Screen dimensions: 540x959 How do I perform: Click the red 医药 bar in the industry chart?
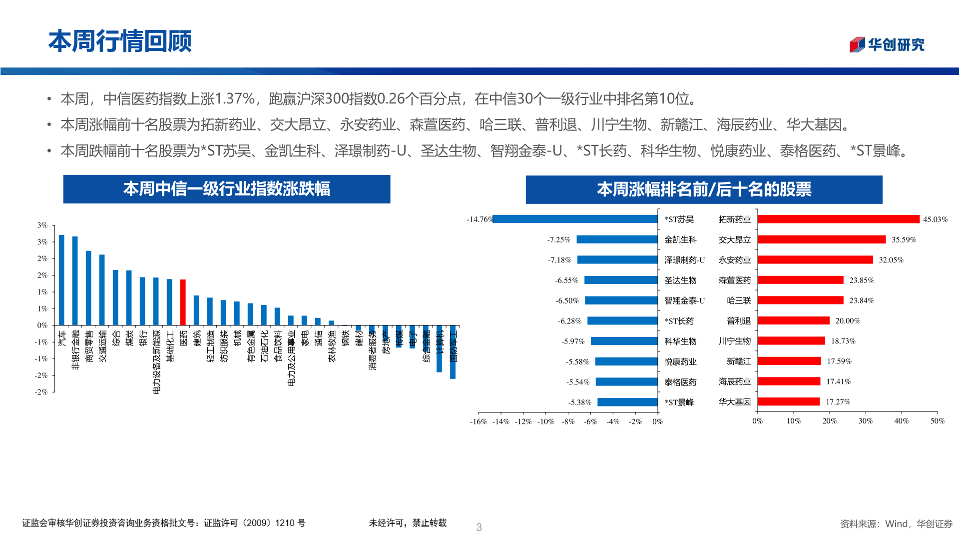pos(183,302)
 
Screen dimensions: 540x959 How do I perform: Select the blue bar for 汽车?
pos(61,280)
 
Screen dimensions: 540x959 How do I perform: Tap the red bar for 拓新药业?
pos(838,219)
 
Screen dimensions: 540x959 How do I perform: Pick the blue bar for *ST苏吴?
pos(575,219)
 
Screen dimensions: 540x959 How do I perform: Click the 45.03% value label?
pos(935,219)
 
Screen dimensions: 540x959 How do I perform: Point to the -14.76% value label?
pos(479,219)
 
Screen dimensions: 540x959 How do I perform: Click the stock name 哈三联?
pos(739,300)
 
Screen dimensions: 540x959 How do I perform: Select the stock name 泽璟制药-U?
pos(684,260)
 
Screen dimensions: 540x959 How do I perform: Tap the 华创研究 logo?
pos(887,44)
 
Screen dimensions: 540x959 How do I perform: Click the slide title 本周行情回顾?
pos(120,41)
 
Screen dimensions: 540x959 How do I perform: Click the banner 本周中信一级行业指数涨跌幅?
pos(226,189)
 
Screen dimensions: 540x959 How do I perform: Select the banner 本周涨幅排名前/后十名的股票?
pos(704,189)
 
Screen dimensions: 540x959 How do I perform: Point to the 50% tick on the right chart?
pos(937,421)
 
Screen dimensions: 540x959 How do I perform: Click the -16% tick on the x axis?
pos(478,421)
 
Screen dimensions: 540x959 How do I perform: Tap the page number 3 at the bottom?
pos(479,527)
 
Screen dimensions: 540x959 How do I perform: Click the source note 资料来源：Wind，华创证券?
pos(896,523)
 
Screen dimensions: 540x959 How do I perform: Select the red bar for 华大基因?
pos(788,401)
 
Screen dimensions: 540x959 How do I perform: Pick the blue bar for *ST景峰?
pos(627,402)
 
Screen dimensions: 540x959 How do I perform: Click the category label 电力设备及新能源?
pos(156,361)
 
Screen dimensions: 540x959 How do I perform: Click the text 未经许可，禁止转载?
pos(408,523)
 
